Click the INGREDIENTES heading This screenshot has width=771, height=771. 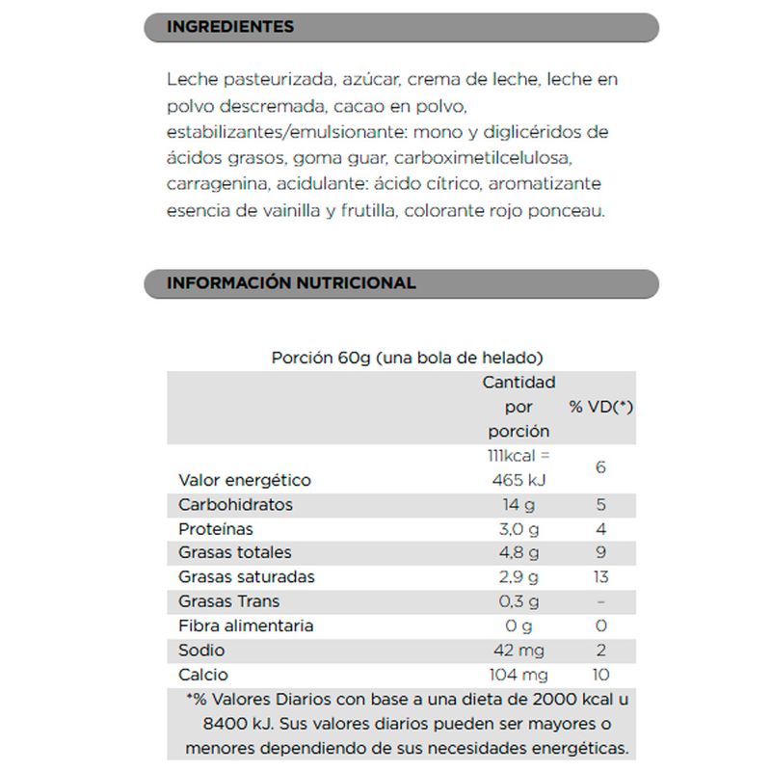230,27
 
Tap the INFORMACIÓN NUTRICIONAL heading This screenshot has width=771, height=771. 291,283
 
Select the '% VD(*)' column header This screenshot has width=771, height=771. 600,407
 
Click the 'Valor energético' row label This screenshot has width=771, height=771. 245,480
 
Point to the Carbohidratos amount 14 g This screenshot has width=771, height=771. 518,505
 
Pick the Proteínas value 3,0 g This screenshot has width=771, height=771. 518,529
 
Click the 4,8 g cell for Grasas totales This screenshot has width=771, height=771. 518,553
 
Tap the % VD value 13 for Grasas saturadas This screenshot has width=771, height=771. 600,577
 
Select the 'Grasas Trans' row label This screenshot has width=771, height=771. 229,601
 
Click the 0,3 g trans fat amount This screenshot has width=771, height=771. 518,601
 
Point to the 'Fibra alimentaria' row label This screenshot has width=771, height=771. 246,625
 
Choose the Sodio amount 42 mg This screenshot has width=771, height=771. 518,650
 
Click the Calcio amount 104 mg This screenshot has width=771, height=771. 518,675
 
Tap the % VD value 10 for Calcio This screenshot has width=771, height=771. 600,675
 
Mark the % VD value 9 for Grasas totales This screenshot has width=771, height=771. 600,553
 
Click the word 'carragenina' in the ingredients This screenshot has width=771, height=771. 214,184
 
